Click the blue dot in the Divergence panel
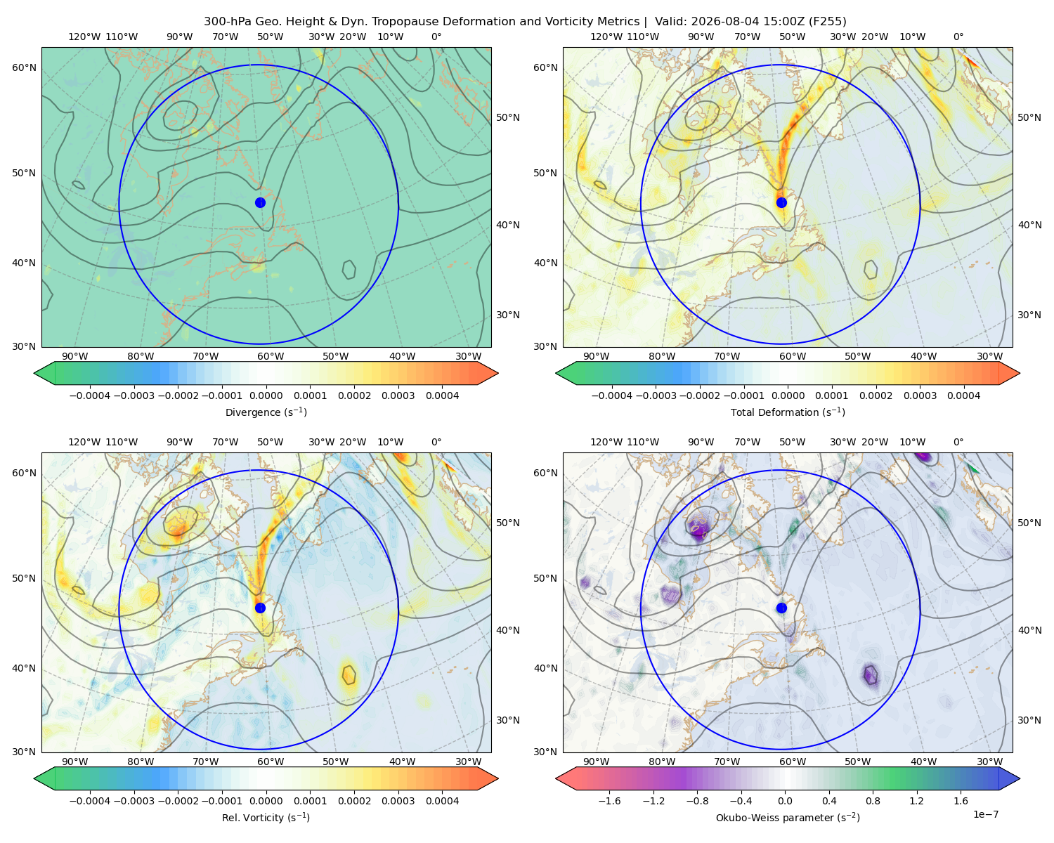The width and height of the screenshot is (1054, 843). coord(260,202)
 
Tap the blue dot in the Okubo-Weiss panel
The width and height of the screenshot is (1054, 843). coord(781,608)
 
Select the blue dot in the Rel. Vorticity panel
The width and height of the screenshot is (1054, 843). coord(260,608)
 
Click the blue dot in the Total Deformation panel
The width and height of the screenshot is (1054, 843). coord(781,202)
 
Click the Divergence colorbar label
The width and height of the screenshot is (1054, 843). coord(266,412)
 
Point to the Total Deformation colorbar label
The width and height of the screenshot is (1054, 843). coord(788,412)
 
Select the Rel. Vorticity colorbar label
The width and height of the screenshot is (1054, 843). coord(266,817)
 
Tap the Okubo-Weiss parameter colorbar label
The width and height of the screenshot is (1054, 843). coord(788,817)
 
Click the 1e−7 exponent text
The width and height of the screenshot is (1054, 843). coord(985,814)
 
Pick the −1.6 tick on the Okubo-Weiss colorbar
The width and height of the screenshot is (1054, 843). coord(609,800)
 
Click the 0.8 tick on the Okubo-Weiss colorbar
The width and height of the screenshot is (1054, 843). coord(873,800)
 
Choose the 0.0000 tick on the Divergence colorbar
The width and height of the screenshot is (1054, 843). coord(266,396)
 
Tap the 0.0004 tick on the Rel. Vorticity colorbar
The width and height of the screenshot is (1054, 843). coord(442,800)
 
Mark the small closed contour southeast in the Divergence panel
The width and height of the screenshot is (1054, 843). coord(349,269)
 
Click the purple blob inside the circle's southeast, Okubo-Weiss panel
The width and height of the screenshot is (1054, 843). coord(870,676)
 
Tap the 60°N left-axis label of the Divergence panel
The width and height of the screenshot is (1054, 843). coord(24,67)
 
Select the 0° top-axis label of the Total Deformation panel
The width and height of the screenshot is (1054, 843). coord(958,37)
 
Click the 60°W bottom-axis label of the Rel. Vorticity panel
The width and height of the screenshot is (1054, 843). coord(271,762)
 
